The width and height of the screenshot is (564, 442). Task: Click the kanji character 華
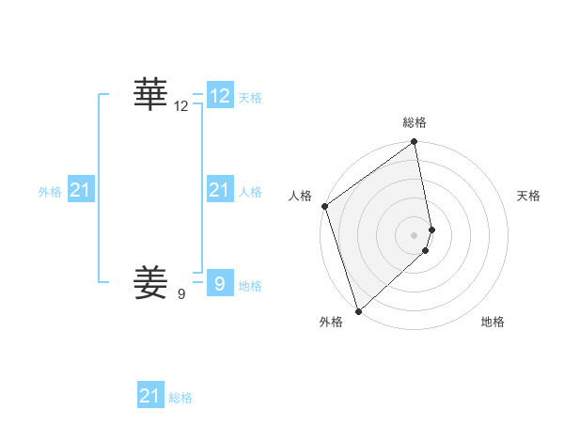(x=150, y=95)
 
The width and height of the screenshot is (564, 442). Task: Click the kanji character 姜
(x=150, y=281)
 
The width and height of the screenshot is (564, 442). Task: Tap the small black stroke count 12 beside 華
(x=181, y=107)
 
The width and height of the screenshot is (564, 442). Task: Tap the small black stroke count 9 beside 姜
(x=181, y=294)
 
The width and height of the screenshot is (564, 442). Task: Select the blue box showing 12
(x=220, y=96)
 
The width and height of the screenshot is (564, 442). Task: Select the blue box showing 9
(x=220, y=282)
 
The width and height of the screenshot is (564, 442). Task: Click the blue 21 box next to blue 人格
(x=220, y=190)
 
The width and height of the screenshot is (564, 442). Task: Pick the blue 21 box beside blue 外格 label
(x=81, y=190)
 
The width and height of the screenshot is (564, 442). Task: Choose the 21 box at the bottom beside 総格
(x=150, y=396)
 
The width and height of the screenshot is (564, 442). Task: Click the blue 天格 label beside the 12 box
(x=250, y=98)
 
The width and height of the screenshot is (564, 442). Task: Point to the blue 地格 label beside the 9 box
(x=250, y=286)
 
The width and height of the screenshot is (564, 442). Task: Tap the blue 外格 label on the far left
(x=50, y=192)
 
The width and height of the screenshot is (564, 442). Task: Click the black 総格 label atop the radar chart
(x=415, y=122)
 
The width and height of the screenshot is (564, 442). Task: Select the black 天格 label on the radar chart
(x=529, y=196)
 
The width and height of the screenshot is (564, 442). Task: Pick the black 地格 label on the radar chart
(x=493, y=322)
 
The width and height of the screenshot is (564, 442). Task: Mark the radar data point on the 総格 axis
(x=415, y=143)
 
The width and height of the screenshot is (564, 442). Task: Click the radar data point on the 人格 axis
(x=324, y=206)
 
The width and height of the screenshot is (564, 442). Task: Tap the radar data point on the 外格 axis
(x=358, y=310)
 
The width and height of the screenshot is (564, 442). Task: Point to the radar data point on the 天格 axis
(x=432, y=229)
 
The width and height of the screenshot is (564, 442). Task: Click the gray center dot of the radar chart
(x=415, y=235)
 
